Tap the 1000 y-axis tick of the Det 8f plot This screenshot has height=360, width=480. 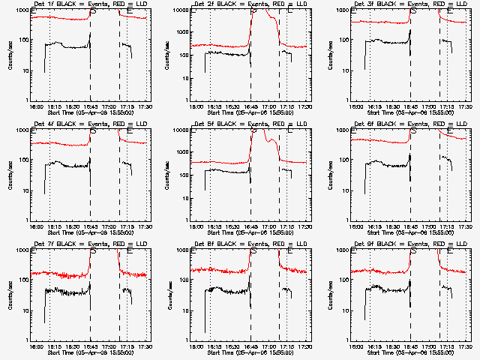(x=182, y=250)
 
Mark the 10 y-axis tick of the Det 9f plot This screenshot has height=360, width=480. (x=345, y=310)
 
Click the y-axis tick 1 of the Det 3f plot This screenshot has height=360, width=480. (x=348, y=100)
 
